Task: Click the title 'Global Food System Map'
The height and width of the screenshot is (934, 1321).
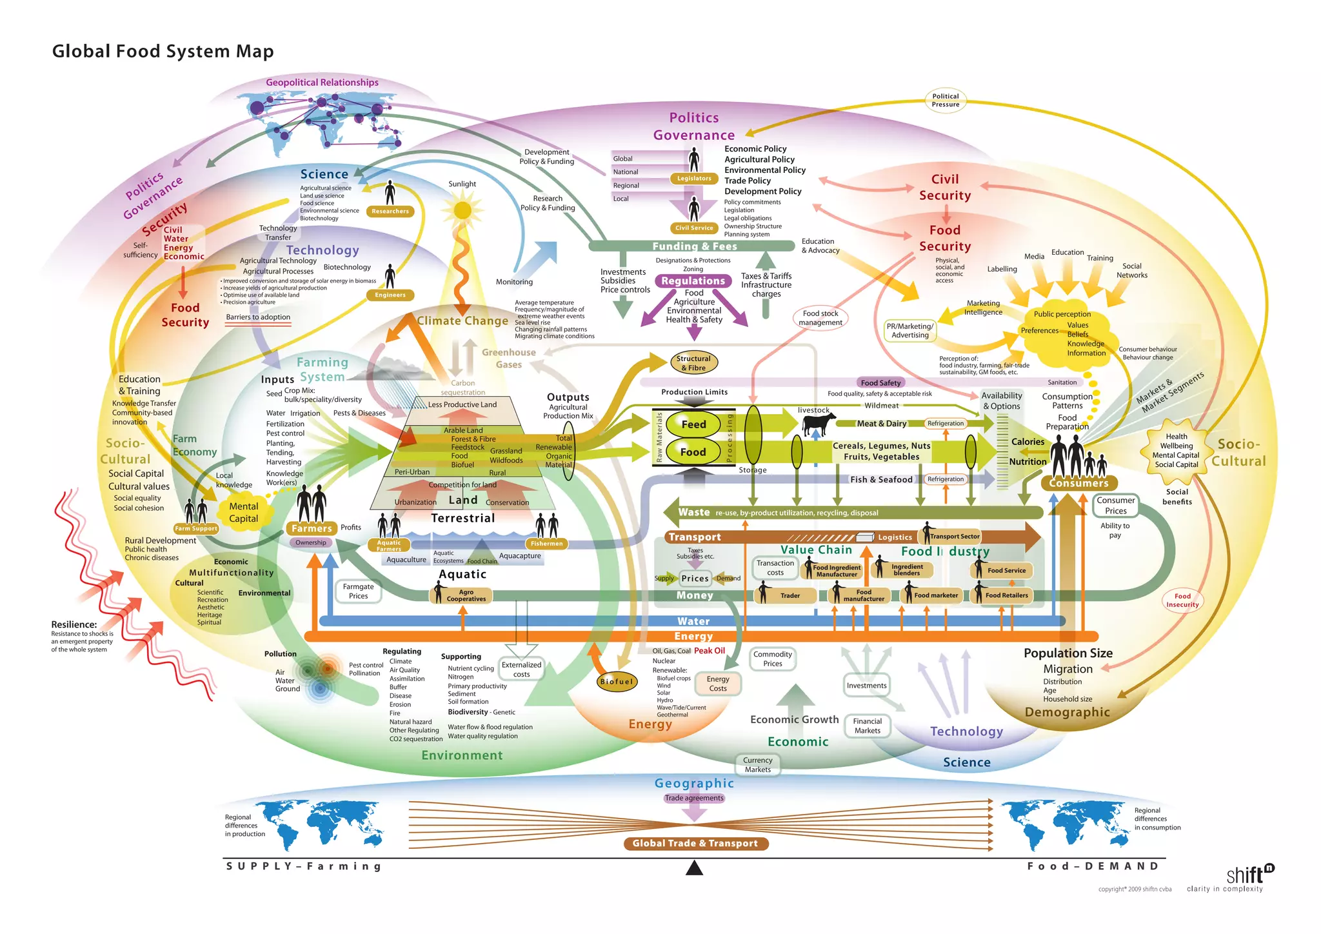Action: point(163,51)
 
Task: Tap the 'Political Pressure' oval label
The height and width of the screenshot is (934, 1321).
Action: point(946,100)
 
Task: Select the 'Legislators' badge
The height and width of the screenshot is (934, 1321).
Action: point(694,179)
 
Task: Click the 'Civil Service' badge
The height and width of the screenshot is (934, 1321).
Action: point(694,228)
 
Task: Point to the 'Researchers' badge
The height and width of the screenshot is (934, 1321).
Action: point(390,211)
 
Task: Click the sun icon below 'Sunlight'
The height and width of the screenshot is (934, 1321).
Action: point(462,210)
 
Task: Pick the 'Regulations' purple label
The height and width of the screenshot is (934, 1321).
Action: point(693,281)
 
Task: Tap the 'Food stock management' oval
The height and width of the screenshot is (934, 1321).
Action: point(820,318)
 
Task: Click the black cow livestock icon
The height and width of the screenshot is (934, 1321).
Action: point(818,424)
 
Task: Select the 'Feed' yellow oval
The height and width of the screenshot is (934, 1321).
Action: point(693,424)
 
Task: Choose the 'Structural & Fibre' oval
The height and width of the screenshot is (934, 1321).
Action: point(693,363)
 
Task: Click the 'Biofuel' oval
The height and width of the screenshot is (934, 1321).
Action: point(617,681)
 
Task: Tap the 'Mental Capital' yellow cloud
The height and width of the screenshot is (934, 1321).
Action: point(243,513)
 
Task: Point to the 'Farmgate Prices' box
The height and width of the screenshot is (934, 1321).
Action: point(358,591)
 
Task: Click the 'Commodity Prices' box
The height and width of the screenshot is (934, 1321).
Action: point(772,659)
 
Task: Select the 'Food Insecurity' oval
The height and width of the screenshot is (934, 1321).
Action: point(1182,601)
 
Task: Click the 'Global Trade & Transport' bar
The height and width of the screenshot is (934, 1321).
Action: point(695,843)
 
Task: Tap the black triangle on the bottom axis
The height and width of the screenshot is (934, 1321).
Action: point(694,868)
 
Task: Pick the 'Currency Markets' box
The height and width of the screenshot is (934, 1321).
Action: point(757,764)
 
